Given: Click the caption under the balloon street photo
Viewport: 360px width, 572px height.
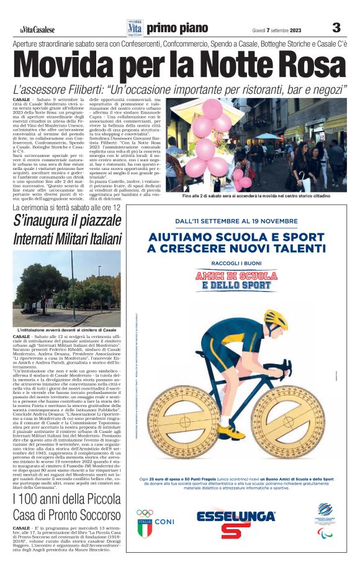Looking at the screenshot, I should (264, 196).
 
